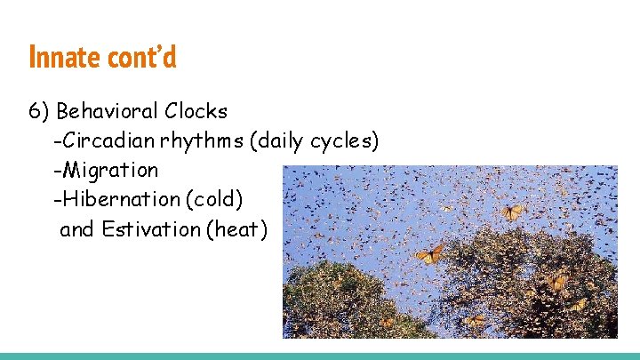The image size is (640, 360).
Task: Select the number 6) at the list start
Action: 39,112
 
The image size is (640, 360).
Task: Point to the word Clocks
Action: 196,112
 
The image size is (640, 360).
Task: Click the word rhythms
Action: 205,141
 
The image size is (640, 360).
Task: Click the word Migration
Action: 108,170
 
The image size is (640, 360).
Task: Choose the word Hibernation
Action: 120,199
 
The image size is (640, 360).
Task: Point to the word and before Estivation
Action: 77,229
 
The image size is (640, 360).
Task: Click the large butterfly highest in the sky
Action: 511,212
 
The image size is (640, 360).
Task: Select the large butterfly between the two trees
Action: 430,254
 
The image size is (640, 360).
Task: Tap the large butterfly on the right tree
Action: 556,282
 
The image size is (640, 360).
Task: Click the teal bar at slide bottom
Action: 320,356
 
